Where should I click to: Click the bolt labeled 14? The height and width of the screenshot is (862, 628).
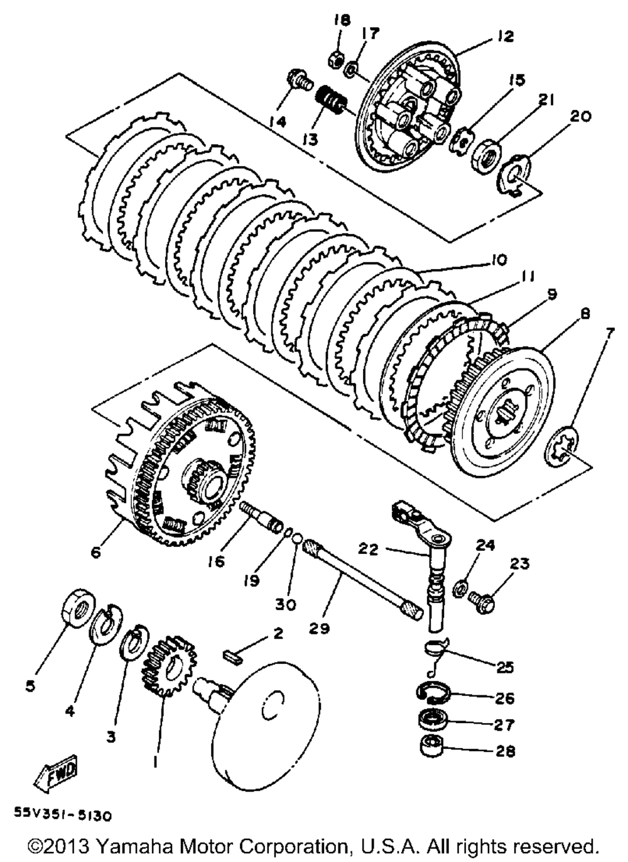coord(297,80)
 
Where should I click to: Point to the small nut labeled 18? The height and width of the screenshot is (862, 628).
coord(335,59)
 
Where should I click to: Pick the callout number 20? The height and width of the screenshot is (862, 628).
coord(580,116)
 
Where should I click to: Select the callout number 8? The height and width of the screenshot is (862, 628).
coord(585,314)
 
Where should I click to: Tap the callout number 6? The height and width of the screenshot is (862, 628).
coord(95,552)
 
